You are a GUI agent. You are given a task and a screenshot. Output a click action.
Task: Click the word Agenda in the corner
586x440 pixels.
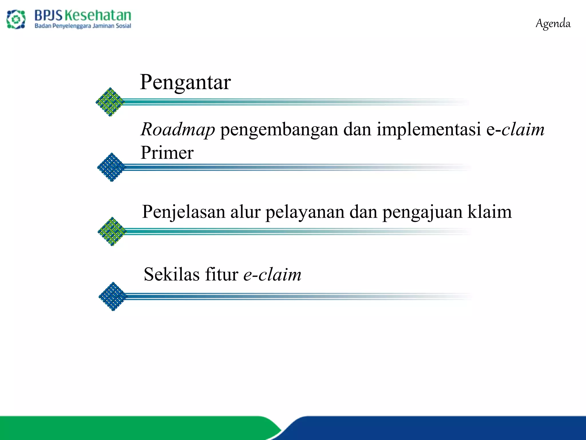point(553,23)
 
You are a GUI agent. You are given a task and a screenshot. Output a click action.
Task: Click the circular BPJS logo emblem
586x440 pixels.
point(16,19)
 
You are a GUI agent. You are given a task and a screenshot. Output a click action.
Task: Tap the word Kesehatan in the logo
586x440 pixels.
point(98,15)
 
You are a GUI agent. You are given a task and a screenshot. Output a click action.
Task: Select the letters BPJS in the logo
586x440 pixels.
point(48,15)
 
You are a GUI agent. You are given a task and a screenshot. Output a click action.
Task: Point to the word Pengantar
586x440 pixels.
point(185,82)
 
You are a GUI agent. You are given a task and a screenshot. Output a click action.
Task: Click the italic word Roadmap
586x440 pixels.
point(178,129)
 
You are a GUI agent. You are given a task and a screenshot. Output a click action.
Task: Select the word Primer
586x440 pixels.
point(167,152)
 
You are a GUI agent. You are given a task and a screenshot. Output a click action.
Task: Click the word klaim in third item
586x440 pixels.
point(490,212)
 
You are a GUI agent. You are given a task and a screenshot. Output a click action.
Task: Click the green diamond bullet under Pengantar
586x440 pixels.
point(110,102)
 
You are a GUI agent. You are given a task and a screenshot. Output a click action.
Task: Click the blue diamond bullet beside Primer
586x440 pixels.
point(111,167)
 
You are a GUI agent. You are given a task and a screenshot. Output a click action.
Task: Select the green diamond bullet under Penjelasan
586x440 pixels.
point(112,231)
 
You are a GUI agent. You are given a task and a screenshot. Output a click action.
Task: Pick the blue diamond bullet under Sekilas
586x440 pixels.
point(113,296)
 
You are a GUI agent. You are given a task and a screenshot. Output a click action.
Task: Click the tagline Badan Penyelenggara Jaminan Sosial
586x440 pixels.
point(83,26)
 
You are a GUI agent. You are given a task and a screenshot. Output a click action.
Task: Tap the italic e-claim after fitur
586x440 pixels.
point(272,274)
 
